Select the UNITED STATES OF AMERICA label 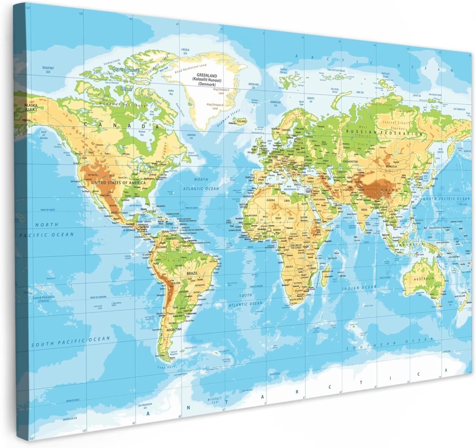tap(118, 183)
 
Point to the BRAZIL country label tap(192, 273)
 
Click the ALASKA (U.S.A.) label tap(31, 107)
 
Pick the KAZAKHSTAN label tap(350, 161)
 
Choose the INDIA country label tap(364, 210)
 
